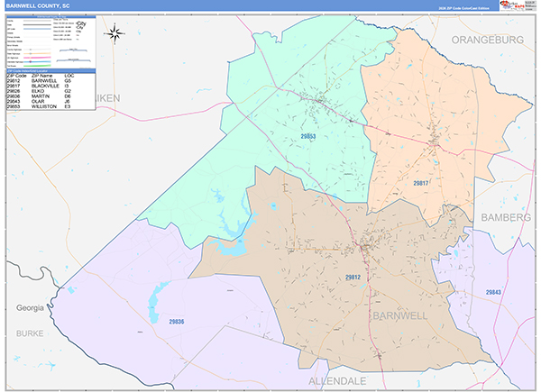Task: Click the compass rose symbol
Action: (x=115, y=34)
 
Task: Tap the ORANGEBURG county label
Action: (x=487, y=40)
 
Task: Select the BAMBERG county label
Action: (x=509, y=218)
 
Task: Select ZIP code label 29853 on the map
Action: (x=307, y=137)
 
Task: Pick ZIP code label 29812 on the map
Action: (x=353, y=277)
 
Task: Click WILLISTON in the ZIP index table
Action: (x=44, y=106)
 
